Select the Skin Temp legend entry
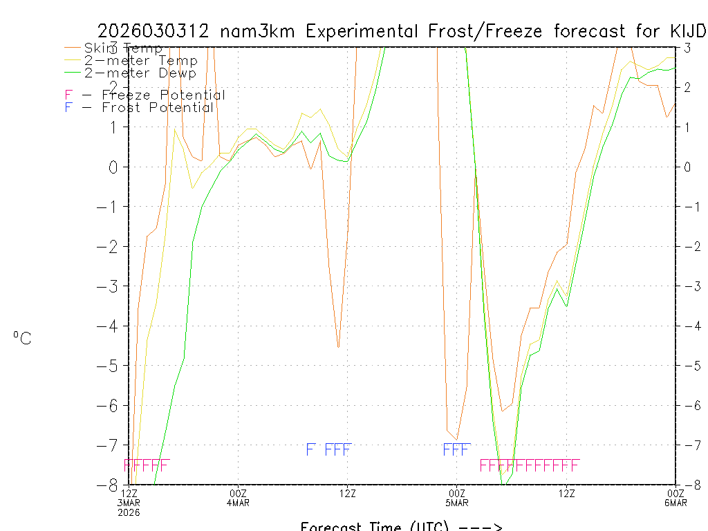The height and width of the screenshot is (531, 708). [123, 48]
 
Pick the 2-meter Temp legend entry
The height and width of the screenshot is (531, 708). [140, 60]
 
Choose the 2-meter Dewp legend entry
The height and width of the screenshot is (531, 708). [140, 73]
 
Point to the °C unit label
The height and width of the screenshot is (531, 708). [22, 338]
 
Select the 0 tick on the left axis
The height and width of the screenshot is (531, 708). [115, 167]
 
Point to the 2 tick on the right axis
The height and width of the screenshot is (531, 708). [687, 87]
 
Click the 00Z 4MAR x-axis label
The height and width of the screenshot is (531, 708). [239, 497]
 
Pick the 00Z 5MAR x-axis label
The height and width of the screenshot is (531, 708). [457, 497]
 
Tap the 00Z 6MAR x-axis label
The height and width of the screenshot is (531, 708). [675, 497]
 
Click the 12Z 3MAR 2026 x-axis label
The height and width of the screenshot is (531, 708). [129, 502]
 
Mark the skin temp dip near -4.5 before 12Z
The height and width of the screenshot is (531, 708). [338, 346]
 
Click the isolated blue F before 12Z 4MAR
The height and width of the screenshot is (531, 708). [310, 449]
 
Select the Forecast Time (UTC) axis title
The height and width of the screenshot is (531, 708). [401, 526]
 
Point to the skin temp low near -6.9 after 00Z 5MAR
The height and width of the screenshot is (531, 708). [456, 438]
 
